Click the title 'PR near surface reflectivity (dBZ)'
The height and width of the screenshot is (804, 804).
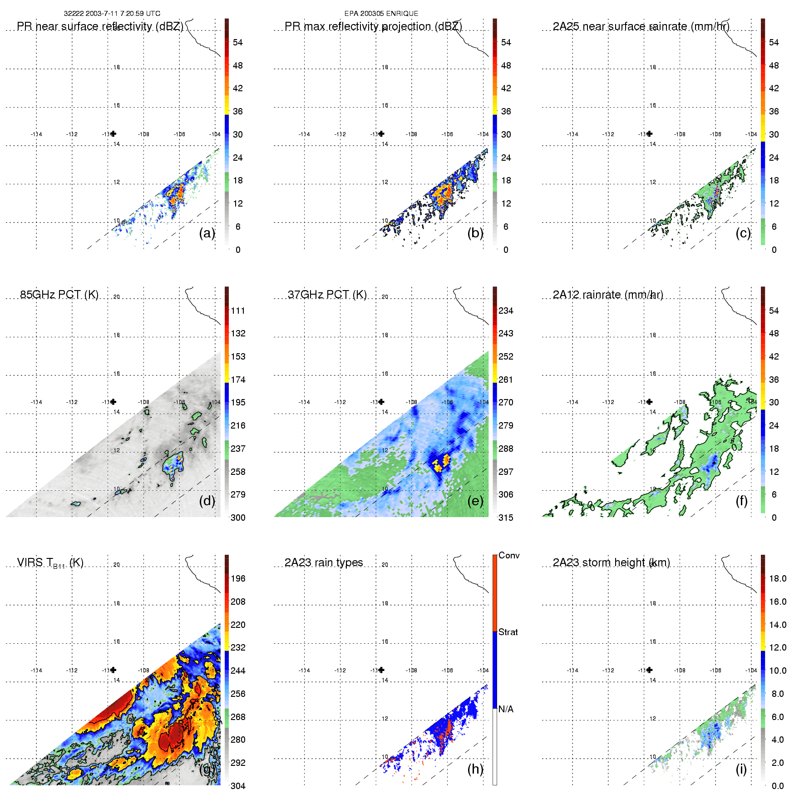[100, 26]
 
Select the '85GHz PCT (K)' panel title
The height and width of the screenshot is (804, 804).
[59, 295]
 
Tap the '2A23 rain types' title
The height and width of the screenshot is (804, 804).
[324, 562]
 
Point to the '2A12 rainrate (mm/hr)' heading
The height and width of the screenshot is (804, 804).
[608, 295]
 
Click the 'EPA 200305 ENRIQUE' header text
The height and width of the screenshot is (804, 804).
[381, 14]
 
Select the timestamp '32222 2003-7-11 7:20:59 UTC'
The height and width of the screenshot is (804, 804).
[112, 14]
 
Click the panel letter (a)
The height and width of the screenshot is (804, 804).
[207, 233]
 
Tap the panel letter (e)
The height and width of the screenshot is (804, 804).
[475, 501]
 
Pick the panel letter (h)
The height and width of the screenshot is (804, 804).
[475, 769]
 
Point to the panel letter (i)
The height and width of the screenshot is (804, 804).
[741, 769]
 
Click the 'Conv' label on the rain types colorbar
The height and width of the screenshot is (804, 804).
[509, 555]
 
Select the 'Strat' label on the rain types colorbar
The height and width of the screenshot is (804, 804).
[508, 632]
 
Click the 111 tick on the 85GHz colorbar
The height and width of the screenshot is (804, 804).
[238, 311]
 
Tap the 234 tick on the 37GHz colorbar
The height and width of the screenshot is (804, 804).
[506, 311]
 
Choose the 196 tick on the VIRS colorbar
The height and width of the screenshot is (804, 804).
[238, 578]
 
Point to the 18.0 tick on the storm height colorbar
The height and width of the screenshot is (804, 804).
[778, 578]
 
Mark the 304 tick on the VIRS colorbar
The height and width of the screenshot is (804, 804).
[238, 786]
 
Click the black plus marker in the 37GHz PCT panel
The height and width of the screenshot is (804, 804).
[381, 402]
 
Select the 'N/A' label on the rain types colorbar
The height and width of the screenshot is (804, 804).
[506, 709]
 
